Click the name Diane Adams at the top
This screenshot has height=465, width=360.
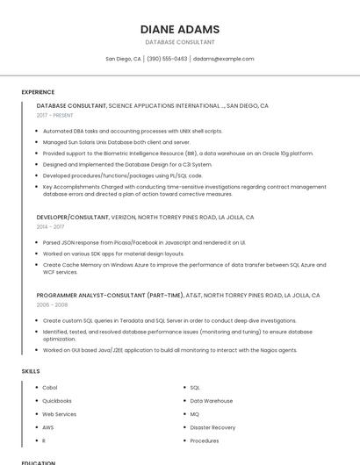180,29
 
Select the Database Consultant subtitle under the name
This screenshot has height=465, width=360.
180,42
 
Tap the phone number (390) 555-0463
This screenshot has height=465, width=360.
167,59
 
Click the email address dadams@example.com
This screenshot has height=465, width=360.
223,59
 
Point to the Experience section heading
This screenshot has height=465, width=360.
38,91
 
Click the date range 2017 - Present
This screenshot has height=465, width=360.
54,115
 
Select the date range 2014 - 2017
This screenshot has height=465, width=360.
50,226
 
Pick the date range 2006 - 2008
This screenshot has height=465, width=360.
52,304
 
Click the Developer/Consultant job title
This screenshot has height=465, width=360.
73,217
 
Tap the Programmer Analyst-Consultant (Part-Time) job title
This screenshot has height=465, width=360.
111,296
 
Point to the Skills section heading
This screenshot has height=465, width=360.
31,371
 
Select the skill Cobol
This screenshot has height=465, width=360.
50,387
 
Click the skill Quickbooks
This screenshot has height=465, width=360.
56,400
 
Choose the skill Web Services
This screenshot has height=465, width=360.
59,414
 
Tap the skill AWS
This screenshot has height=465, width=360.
48,427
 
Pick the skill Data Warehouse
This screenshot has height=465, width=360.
212,400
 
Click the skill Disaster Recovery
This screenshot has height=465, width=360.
212,427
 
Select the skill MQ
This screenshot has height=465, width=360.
195,414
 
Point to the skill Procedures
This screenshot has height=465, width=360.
205,440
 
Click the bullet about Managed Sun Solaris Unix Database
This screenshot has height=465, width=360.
116,141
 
